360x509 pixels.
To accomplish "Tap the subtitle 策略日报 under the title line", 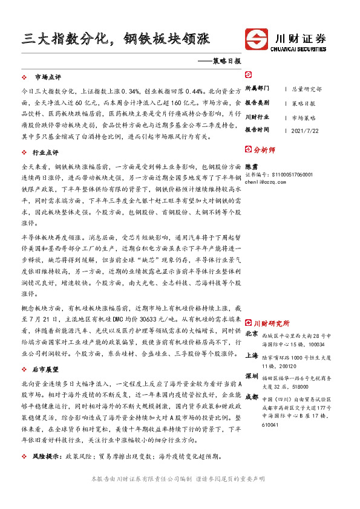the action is [227, 61].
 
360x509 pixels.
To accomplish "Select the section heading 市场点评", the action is [48, 78].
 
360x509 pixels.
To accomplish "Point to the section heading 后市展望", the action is [48, 368].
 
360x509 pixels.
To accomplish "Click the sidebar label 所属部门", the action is [257, 88].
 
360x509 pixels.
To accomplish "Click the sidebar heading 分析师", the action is [265, 149].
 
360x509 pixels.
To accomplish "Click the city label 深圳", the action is [252, 375].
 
